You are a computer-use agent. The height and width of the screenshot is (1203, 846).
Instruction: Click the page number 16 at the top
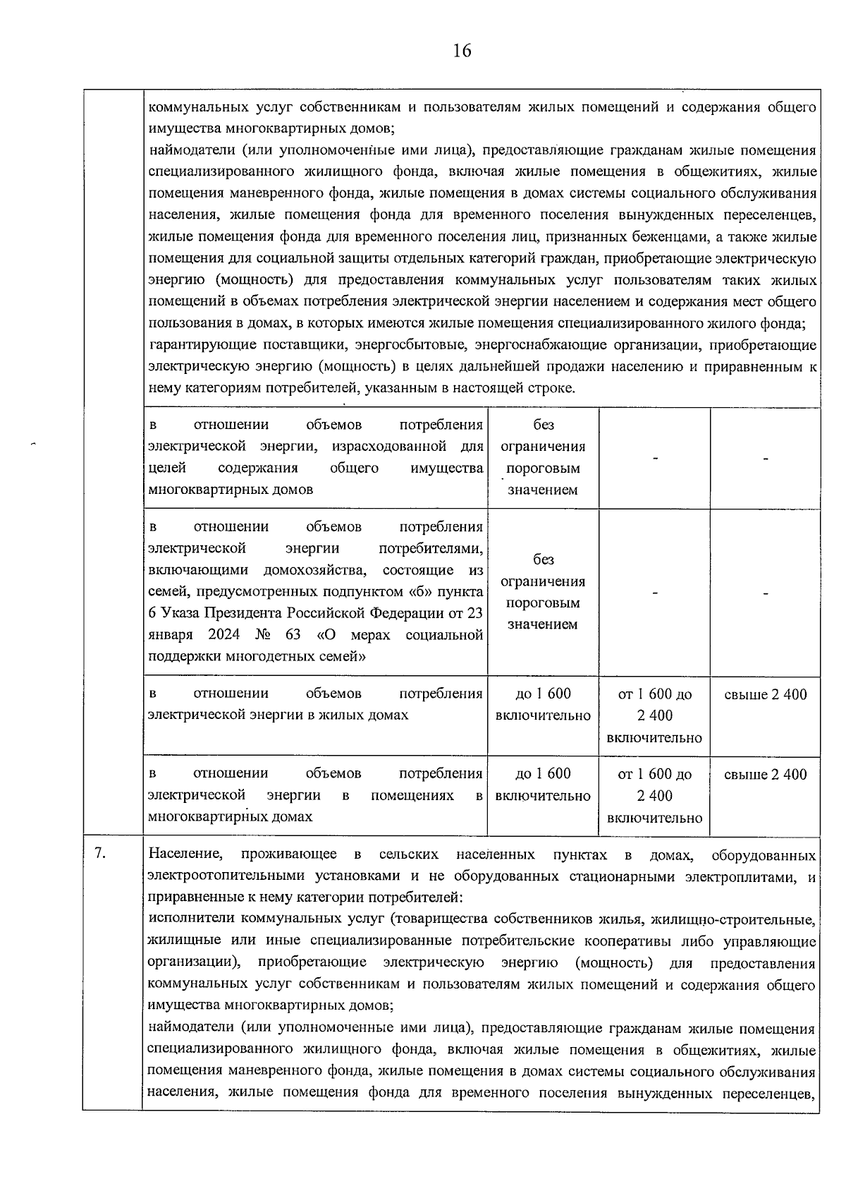pyautogui.click(x=462, y=51)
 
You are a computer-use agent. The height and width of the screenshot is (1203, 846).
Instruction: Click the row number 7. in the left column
pyautogui.click(x=100, y=853)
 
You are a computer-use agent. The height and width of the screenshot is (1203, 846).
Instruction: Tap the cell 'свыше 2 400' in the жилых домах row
pyautogui.click(x=765, y=694)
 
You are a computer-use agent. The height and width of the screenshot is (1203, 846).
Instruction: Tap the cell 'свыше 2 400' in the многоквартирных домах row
pyautogui.click(x=765, y=775)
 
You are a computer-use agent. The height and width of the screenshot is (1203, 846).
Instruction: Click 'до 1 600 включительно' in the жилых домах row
pyautogui.click(x=543, y=705)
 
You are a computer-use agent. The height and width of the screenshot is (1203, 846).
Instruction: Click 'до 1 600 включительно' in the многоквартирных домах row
pyautogui.click(x=543, y=785)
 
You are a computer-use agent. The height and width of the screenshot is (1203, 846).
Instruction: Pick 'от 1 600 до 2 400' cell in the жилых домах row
pyautogui.click(x=654, y=715)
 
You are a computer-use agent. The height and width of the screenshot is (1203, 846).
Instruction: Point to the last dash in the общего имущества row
pyautogui.click(x=765, y=459)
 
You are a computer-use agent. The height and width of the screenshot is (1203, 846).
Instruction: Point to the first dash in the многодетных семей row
pyautogui.click(x=654, y=593)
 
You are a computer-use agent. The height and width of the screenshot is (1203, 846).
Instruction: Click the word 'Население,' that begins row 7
pyautogui.click(x=185, y=855)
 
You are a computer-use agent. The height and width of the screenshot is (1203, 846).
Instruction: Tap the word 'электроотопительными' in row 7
pyautogui.click(x=219, y=876)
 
